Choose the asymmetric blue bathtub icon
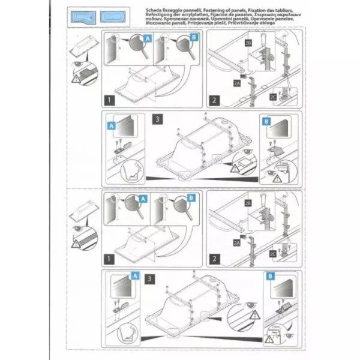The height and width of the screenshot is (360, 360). click(x=80, y=17)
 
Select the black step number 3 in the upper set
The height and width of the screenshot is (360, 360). click(x=157, y=119)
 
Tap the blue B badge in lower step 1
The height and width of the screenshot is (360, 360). click(x=191, y=198)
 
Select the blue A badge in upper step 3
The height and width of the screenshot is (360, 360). click(x=110, y=125)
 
